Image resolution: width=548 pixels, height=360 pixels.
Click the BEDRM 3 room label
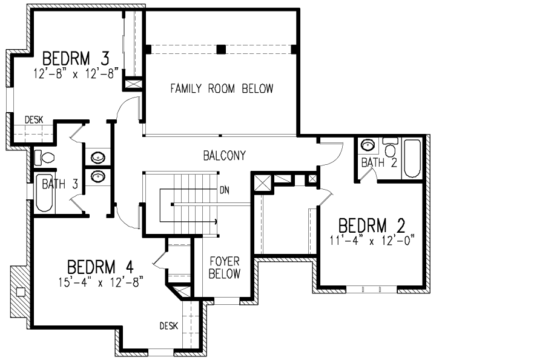coord(76,59)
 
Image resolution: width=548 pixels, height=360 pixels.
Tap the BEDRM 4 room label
coord(100,267)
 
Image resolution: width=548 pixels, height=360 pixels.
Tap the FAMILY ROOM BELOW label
coord(221,89)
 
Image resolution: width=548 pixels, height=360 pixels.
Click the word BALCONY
coord(224,156)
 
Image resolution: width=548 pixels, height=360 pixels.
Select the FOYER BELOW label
coord(224,267)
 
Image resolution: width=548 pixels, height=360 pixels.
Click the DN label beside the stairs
coord(225,190)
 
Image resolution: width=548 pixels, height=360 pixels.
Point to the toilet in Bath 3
coord(44,158)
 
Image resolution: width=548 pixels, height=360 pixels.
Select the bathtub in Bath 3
coord(44,193)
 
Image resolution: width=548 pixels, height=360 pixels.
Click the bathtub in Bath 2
coord(413,158)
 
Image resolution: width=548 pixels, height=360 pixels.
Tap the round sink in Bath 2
coord(367,145)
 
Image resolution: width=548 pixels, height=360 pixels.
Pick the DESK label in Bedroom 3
coord(34,119)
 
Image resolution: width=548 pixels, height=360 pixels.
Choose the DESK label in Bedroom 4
coord(169,326)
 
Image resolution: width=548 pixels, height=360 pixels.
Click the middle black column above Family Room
coord(222,48)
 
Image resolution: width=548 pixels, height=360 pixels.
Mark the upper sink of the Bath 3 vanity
coord(97,158)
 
